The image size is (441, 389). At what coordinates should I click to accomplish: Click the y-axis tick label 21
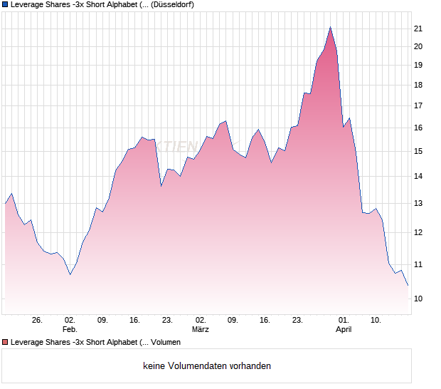[x=418, y=28]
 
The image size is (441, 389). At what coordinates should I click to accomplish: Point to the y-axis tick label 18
[x=418, y=85]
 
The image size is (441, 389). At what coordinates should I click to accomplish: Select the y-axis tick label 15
[x=418, y=151]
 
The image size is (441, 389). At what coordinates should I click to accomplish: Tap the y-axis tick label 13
[x=418, y=203]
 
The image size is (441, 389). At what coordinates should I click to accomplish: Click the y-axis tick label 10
[x=418, y=299]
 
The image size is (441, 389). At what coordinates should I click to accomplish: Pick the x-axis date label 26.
[x=38, y=320]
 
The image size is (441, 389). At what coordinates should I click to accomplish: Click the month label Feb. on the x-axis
[x=70, y=329]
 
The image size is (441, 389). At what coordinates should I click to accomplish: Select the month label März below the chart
[x=201, y=329]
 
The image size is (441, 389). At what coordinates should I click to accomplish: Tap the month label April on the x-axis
[x=344, y=329]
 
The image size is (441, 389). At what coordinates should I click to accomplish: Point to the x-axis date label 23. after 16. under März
[x=298, y=320]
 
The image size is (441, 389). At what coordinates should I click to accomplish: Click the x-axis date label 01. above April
[x=344, y=320]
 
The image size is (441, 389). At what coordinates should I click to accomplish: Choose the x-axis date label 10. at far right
[x=376, y=320]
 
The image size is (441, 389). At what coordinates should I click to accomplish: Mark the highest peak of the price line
[x=330, y=27]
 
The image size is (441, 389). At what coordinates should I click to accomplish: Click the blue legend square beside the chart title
[x=5, y=4]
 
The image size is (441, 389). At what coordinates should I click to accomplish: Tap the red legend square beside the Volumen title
[x=5, y=342]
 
